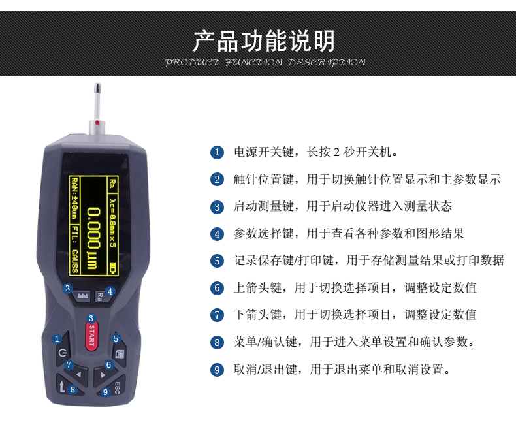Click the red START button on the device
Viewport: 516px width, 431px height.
[x=91, y=335]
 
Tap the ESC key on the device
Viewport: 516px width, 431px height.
[x=114, y=387]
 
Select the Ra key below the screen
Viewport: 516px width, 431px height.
[x=101, y=296]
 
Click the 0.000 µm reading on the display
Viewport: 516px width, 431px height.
[x=93, y=238]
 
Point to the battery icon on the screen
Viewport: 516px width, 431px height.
[x=114, y=268]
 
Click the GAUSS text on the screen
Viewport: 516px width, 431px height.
[x=75, y=261]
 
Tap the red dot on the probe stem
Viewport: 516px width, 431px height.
[x=97, y=123]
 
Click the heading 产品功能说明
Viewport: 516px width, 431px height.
[x=264, y=40]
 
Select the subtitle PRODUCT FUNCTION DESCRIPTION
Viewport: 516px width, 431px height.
[x=265, y=62]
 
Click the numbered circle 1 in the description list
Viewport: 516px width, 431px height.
[x=217, y=152]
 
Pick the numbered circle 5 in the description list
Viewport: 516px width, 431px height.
[x=217, y=261]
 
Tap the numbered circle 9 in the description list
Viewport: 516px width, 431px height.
[x=217, y=370]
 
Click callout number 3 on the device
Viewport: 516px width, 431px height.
[x=91, y=319]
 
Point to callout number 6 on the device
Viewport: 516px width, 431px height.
[x=108, y=364]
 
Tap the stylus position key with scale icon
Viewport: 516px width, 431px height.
[x=82, y=296]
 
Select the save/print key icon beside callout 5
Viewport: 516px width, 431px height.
[x=119, y=354]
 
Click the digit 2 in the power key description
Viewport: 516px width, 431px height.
[x=336, y=152]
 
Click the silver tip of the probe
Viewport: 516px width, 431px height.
[x=97, y=88]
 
